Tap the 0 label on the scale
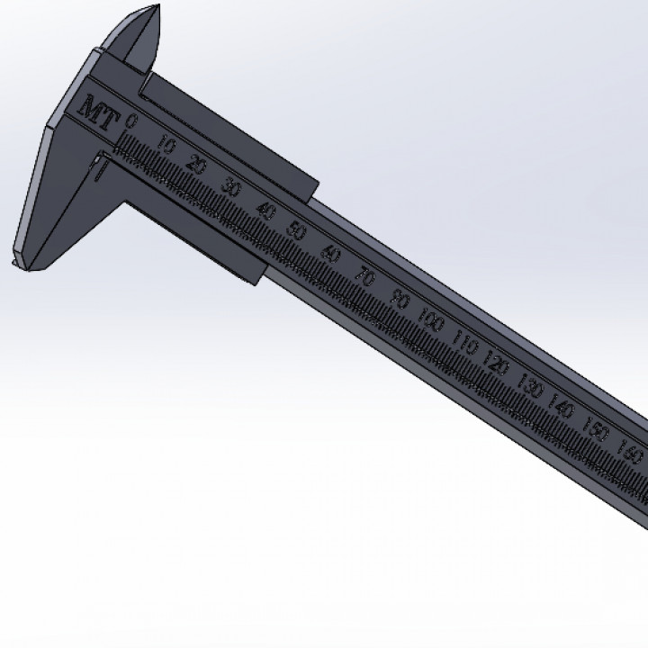132,121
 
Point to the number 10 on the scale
166,143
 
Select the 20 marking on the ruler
198,165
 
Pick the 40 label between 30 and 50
265,210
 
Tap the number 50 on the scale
295,230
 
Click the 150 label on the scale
596,430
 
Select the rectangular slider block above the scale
230,135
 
